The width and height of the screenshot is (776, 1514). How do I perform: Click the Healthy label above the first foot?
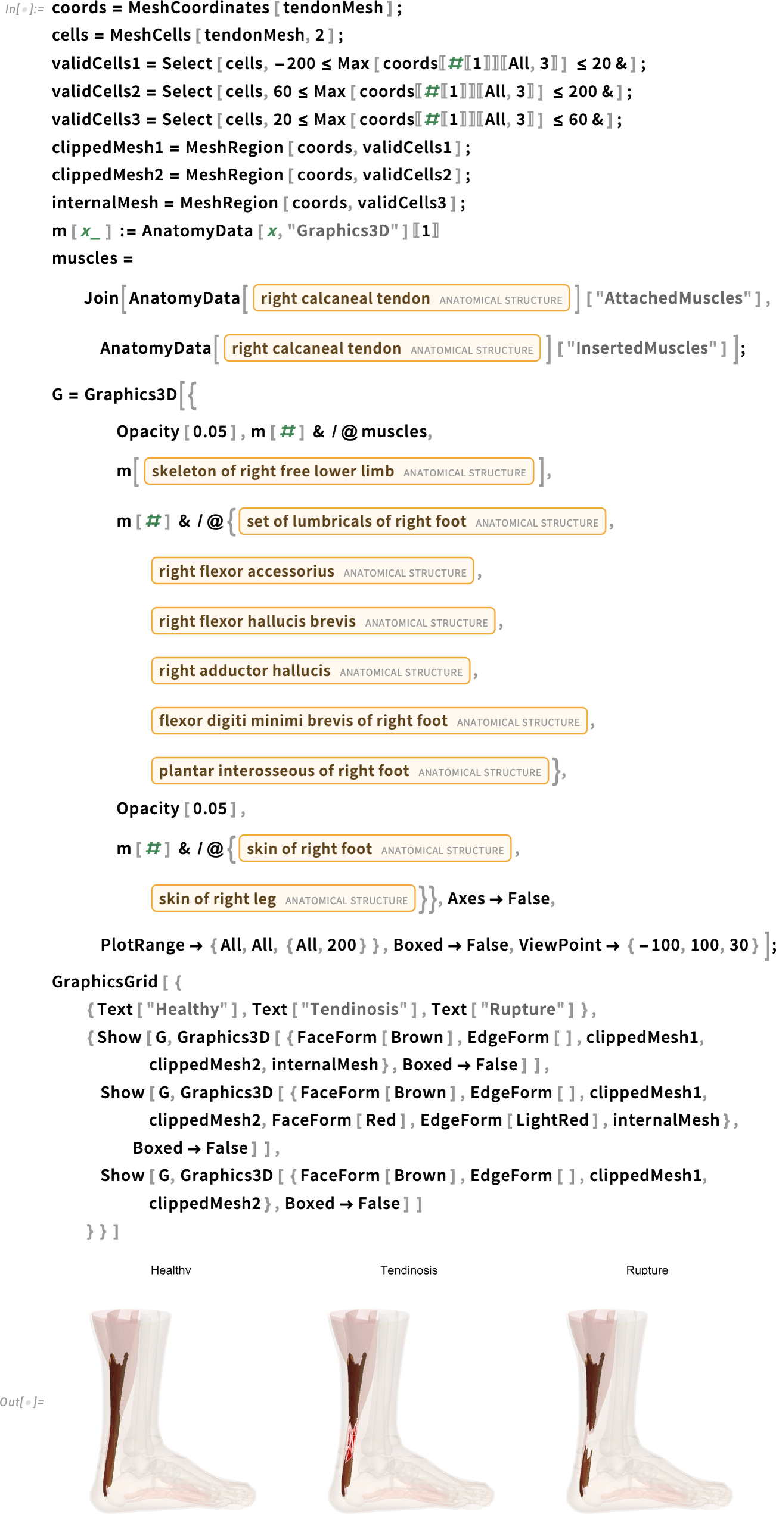[x=170, y=1270]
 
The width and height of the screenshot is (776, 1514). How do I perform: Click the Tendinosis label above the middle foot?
[x=409, y=1270]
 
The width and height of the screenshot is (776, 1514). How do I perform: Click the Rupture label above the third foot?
[x=647, y=1270]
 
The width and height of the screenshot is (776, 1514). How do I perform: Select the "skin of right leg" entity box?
[x=283, y=899]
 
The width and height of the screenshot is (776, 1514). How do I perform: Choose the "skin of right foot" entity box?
[x=375, y=849]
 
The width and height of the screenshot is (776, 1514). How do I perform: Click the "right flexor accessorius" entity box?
[x=312, y=571]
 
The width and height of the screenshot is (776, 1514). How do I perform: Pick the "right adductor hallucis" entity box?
[x=311, y=671]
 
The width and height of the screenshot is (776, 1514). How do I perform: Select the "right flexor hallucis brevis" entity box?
[x=323, y=621]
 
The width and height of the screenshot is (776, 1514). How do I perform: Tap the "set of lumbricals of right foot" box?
[x=422, y=521]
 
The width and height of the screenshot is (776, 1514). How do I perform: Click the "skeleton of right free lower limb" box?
[x=339, y=471]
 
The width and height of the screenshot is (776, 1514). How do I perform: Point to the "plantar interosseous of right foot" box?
[x=350, y=771]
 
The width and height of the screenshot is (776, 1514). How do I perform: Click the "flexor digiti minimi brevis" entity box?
[x=369, y=721]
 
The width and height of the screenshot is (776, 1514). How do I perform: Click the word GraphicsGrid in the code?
[x=105, y=982]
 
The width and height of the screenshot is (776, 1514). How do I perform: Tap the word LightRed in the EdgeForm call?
[x=552, y=1120]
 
